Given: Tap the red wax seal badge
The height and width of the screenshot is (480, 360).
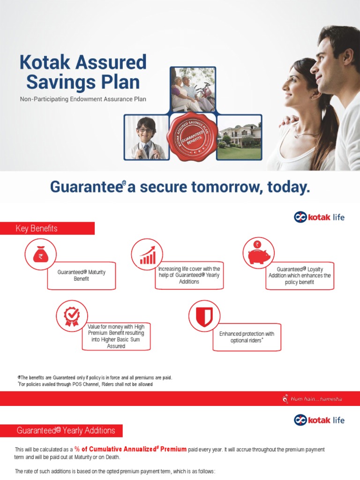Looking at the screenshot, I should point(192,136).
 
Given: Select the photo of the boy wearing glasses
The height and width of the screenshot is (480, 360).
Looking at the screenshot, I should point(146,137).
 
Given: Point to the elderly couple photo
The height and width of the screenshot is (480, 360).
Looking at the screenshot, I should point(193,89).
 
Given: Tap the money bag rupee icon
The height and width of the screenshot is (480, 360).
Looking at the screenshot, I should point(41,255).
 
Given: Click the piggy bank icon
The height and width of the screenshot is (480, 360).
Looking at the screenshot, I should point(258,253).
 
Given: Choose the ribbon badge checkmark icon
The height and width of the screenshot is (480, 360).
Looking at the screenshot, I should point(71,316).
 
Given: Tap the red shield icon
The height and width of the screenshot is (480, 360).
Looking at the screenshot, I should point(204,316).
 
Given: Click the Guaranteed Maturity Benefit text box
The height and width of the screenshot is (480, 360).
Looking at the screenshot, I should point(81,276).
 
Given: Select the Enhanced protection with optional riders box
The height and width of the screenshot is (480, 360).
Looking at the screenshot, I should point(247,337).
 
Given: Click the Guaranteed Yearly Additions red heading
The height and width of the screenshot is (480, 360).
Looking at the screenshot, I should point(67,430).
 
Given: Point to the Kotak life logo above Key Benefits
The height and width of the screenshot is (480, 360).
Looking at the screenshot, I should point(319,217).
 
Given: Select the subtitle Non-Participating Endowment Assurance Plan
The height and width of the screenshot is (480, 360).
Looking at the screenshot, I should point(86,99).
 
